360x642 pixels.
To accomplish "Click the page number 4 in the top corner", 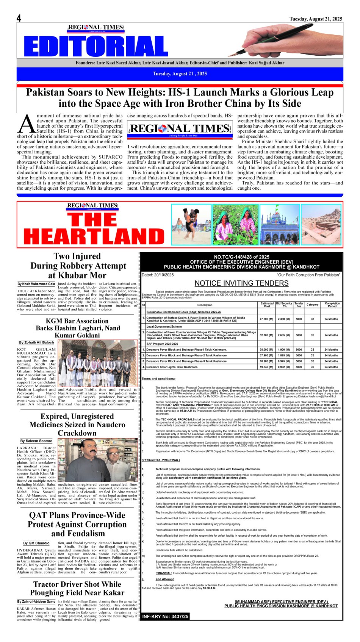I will pos(19,18).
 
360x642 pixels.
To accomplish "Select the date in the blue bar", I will pos(180,74).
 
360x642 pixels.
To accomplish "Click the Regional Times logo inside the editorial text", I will pos(180,129).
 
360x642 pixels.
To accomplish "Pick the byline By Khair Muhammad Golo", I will pos(36,284).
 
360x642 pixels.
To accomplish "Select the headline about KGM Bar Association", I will pos(77,328).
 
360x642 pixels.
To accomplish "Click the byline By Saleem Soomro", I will pos(36,441).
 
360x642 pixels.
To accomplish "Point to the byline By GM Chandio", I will pos(36,543).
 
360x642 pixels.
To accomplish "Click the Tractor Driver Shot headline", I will pos(77,588).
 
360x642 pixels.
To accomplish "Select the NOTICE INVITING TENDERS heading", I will pos(241,283).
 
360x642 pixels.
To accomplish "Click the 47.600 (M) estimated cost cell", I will pos(266,319).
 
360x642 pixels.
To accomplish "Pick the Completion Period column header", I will pos(332,305).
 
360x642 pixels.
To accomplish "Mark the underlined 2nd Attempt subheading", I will pos(164,579).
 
